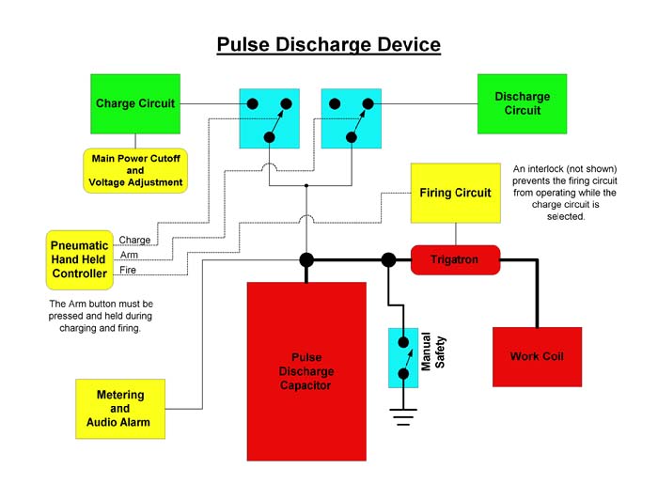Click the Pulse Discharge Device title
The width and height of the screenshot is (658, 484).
(x=329, y=45)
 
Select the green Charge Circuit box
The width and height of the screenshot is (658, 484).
(x=135, y=104)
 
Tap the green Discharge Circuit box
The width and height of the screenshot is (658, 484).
(x=522, y=104)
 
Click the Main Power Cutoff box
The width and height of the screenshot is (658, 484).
(x=135, y=171)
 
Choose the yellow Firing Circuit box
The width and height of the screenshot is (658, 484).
(x=456, y=193)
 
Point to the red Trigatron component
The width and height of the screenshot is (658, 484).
(x=455, y=260)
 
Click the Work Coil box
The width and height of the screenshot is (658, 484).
(x=537, y=357)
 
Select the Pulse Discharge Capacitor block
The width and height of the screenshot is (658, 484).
(x=306, y=371)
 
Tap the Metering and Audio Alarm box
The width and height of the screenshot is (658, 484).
(x=120, y=409)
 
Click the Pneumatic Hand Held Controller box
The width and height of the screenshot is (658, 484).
(x=80, y=260)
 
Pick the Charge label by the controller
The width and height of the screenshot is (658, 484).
(x=134, y=240)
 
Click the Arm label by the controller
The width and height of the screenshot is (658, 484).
(x=129, y=255)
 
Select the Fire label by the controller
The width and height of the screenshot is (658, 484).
(x=128, y=270)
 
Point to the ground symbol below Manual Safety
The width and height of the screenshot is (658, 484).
(x=403, y=417)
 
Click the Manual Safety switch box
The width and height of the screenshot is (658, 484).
(x=403, y=358)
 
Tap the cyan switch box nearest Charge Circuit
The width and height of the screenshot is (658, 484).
(x=270, y=118)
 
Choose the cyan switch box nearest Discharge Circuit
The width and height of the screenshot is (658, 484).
(x=352, y=118)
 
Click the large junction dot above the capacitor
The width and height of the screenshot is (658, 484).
(x=306, y=260)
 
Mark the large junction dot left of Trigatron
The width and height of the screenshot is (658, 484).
(x=388, y=260)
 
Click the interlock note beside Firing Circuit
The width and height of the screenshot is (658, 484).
(x=565, y=193)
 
